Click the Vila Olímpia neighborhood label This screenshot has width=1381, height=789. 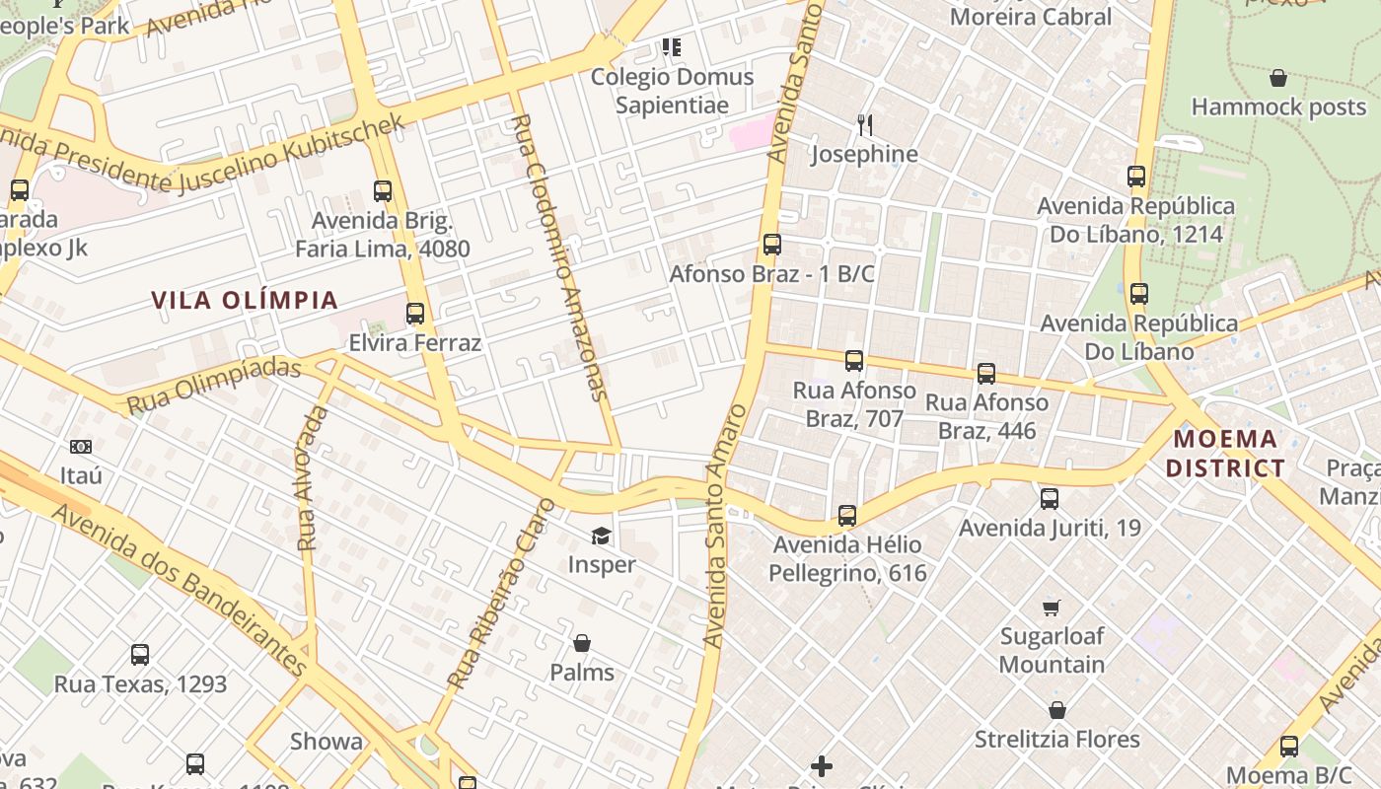[245, 300]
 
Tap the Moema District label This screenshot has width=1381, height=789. [1226, 454]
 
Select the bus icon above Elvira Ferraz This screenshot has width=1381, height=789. [415, 314]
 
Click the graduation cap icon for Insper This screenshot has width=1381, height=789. [601, 536]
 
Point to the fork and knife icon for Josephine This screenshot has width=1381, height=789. [865, 124]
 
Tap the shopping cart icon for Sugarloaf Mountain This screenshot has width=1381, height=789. [1052, 608]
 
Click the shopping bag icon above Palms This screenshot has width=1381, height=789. [582, 643]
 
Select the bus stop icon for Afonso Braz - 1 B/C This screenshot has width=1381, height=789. [772, 244]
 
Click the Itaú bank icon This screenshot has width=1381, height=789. [81, 447]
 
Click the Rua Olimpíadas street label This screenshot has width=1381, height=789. [213, 386]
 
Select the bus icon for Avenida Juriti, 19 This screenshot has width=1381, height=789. [1050, 499]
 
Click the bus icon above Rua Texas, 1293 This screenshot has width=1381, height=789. [140, 654]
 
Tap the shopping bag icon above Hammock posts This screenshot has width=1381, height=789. [1278, 78]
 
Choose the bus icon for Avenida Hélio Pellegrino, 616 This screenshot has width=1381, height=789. [847, 515]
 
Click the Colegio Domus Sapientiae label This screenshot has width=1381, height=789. [672, 91]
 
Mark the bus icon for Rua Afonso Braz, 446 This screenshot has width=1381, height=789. [986, 373]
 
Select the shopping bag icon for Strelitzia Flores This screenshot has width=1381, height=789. [1057, 710]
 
